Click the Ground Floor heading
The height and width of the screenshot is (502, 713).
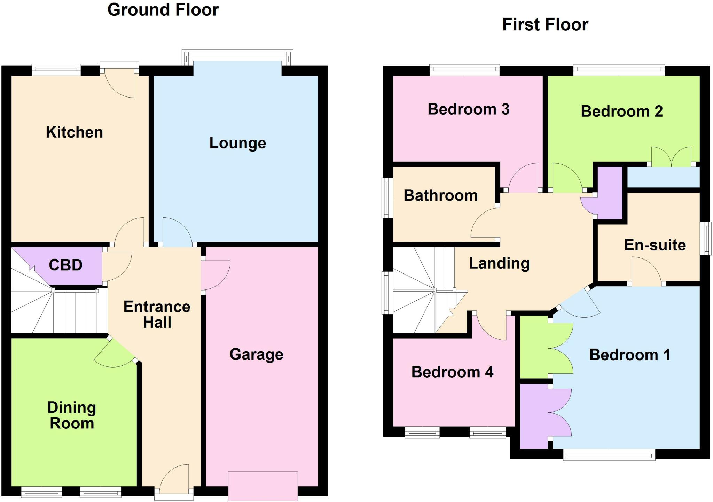(163, 10)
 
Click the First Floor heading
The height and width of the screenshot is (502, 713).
(545, 25)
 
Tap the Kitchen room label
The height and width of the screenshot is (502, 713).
(74, 132)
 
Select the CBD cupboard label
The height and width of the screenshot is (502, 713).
(65, 265)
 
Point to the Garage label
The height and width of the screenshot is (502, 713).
(256, 355)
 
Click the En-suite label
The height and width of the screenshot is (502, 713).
(655, 245)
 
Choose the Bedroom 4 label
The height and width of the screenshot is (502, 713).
(452, 372)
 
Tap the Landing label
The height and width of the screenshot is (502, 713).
(499, 263)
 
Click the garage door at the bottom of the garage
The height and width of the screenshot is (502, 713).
(263, 486)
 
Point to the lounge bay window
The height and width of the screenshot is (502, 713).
(237, 57)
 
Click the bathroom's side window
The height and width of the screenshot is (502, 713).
(387, 198)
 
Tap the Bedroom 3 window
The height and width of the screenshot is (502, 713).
(464, 70)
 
